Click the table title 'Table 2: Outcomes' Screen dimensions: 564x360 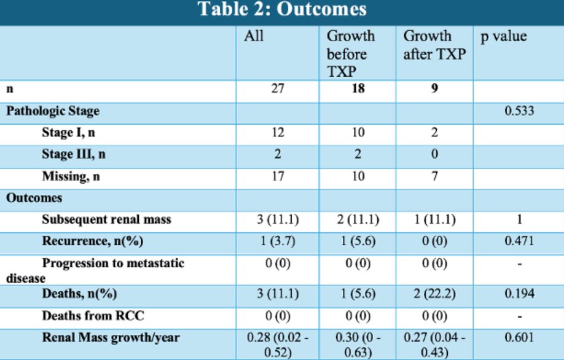point(282,9)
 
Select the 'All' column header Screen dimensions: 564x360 point(254,36)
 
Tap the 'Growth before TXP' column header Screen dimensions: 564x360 point(351,54)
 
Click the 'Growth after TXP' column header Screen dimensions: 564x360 point(434,45)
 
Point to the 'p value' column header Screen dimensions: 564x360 point(504,36)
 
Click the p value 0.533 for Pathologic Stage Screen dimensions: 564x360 point(519,111)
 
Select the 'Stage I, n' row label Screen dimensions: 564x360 point(69,133)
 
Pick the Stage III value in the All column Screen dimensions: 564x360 point(277,154)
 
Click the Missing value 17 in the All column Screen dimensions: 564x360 point(278,176)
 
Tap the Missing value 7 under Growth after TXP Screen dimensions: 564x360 point(434,176)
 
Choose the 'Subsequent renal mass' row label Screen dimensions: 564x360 point(106,219)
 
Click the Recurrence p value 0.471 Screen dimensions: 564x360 point(519,241)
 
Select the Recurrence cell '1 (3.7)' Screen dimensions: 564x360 point(278,241)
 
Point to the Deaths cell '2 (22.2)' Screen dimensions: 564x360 point(434,294)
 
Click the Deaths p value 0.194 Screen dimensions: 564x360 point(519,294)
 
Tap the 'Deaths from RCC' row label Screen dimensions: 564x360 point(93,316)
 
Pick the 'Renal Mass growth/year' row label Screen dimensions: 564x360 point(111,338)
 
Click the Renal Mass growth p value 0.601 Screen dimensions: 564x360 point(519,337)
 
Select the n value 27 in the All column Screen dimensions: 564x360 point(278,88)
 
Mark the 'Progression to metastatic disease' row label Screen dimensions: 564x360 point(95,270)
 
